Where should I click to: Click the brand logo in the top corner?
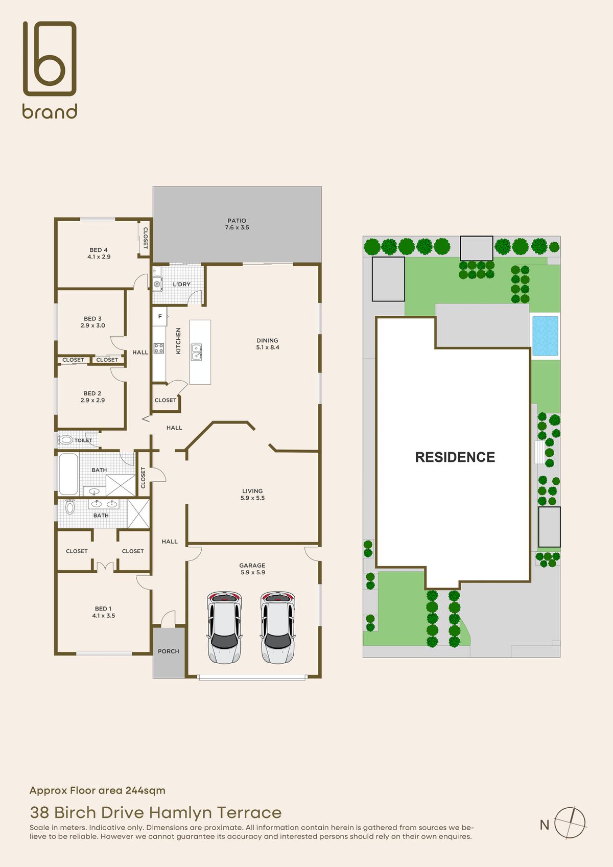50,69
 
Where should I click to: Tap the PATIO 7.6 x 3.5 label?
237,224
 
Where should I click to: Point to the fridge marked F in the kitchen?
159,317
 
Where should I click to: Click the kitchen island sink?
197,352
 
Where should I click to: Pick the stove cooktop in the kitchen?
159,348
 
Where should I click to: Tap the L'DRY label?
181,284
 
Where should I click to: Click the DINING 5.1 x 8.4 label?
267,344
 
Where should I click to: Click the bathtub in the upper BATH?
68,474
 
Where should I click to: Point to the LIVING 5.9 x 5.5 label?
252,494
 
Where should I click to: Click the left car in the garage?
224,627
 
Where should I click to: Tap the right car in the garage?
278,627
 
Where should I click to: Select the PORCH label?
169,651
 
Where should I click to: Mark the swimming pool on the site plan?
545,336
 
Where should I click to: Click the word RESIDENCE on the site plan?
455,457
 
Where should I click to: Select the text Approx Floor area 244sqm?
98,790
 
